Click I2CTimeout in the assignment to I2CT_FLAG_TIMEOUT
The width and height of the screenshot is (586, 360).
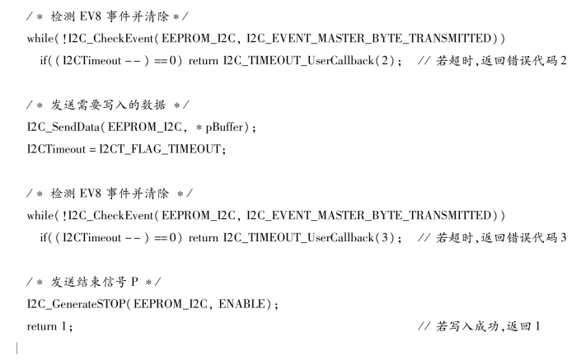click(52, 149)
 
